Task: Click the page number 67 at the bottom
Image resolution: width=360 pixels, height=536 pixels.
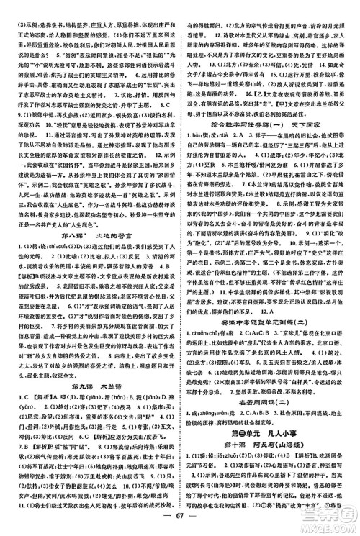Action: (x=179, y=522)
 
